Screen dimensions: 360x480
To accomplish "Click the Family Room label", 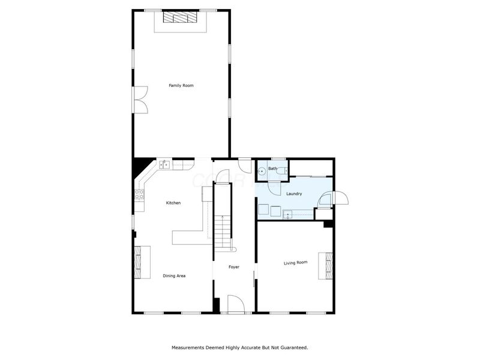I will point(181,86).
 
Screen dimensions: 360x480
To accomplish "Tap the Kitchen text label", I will point(173,203).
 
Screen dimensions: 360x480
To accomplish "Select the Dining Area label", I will point(174,276).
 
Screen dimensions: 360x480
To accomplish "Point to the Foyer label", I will point(234,266).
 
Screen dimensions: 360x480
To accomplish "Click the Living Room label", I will point(295,262).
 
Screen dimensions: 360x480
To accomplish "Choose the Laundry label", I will point(294,194).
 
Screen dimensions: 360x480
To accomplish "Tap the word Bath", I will point(272,169).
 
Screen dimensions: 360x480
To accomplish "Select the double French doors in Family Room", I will point(140,99).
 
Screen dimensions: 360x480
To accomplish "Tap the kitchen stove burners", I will point(139,194).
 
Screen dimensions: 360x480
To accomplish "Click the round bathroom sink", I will point(261,172).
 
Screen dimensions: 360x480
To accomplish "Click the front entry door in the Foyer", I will point(235,305).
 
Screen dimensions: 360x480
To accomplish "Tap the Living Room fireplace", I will point(328,265).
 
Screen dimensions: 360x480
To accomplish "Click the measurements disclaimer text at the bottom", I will point(240,347).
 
